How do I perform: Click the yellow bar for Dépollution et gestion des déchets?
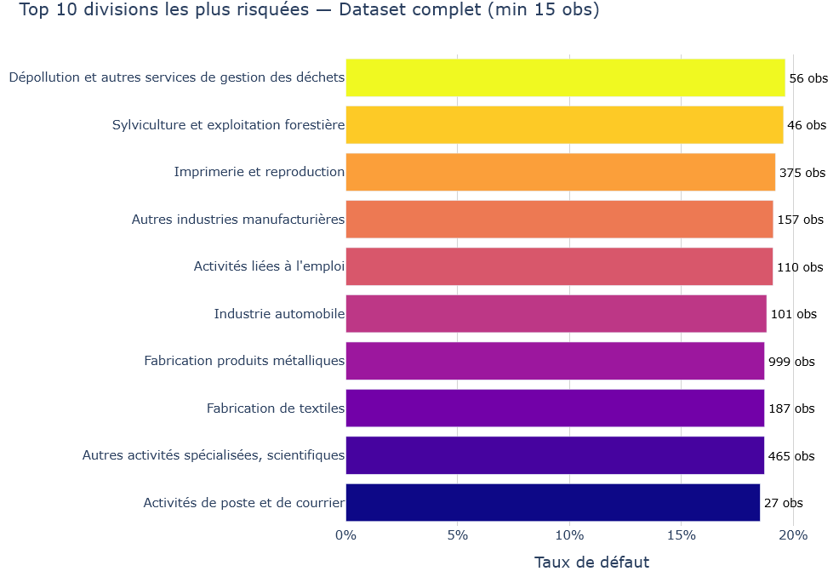click(x=565, y=77)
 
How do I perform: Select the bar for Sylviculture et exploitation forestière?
click(x=564, y=125)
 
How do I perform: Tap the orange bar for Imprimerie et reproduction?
click(x=560, y=172)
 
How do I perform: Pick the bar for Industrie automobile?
click(x=556, y=314)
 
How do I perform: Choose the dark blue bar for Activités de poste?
click(x=552, y=503)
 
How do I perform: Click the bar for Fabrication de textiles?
click(x=555, y=408)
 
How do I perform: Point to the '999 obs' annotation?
click(x=791, y=362)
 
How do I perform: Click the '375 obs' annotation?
click(x=802, y=173)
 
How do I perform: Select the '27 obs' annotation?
click(x=783, y=503)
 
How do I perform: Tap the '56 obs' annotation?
click(x=808, y=78)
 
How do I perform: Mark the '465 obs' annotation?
click(x=791, y=456)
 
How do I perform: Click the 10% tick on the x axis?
click(x=569, y=535)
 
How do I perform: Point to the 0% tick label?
click(x=345, y=535)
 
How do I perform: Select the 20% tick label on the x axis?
click(x=793, y=535)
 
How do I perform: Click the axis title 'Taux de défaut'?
click(x=591, y=563)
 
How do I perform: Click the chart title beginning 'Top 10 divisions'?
click(x=309, y=11)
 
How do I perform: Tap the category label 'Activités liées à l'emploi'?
click(x=269, y=266)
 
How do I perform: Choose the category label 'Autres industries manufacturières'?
click(x=238, y=220)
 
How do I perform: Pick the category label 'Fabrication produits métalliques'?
click(x=244, y=361)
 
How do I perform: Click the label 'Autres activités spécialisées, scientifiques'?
click(x=214, y=455)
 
